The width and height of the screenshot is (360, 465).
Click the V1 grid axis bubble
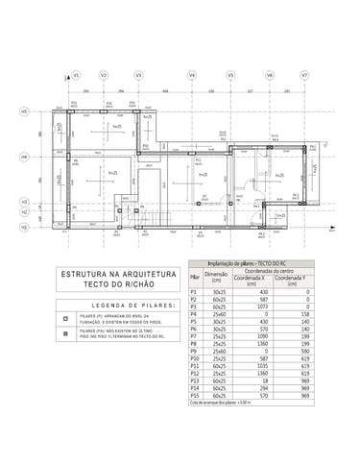(76, 74)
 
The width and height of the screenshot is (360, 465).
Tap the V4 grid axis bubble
(192, 74)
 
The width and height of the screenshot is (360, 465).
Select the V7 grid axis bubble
(304, 74)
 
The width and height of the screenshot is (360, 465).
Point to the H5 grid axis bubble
(23, 111)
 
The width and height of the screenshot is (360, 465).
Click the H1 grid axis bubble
(23, 227)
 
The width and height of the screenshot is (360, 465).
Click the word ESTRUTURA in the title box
(83, 273)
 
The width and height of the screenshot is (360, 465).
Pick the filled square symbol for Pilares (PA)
(64, 334)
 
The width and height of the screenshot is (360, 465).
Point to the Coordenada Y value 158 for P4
(305, 313)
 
